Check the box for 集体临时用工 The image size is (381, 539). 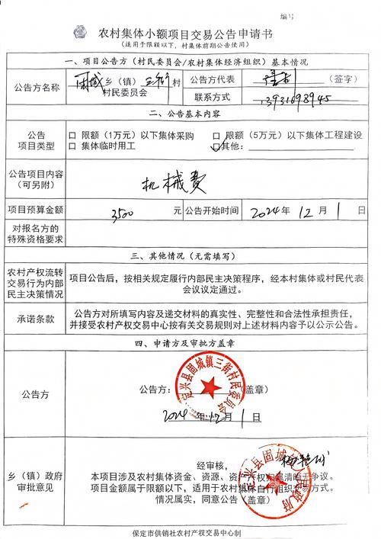[73, 146]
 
